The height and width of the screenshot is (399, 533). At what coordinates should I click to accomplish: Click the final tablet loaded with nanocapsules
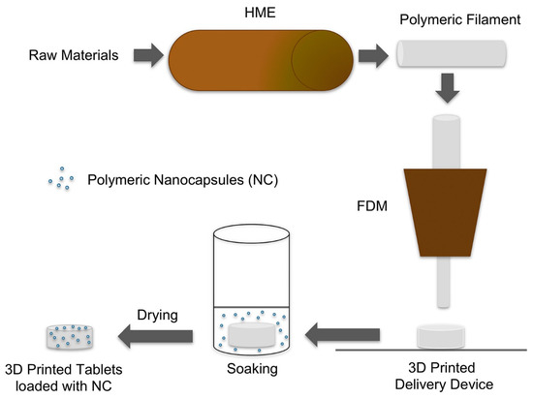pos(70,335)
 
